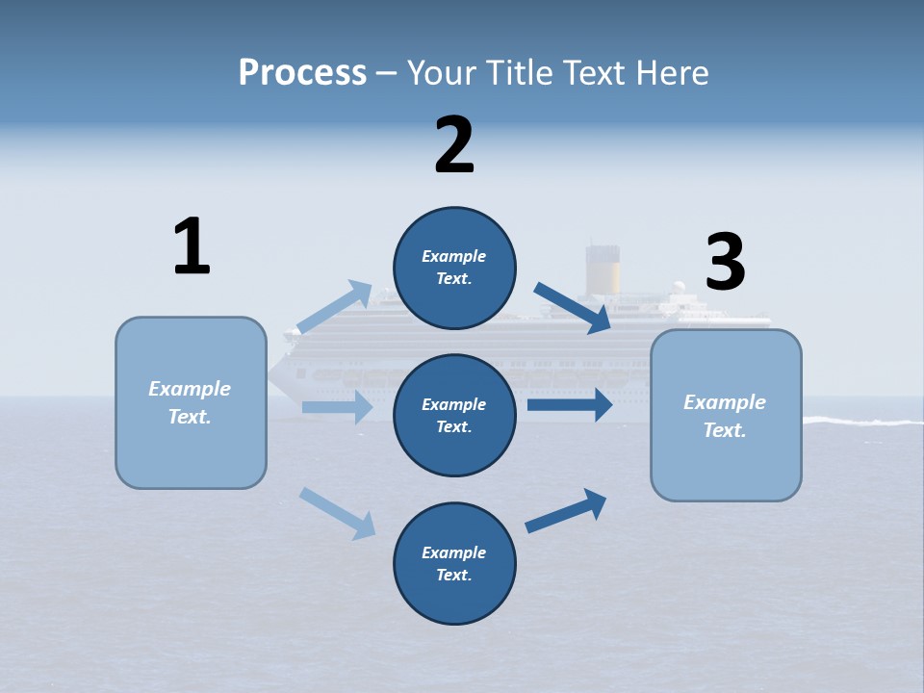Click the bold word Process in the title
(x=302, y=73)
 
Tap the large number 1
(x=192, y=246)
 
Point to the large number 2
(x=454, y=145)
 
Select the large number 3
(x=725, y=263)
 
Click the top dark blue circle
(x=454, y=268)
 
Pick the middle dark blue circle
(x=454, y=415)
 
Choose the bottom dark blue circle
(x=454, y=563)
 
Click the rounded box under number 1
(x=191, y=402)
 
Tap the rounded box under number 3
(x=726, y=415)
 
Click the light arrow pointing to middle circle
(x=337, y=407)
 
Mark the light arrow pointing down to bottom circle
(x=338, y=513)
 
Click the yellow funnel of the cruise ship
(x=603, y=269)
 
